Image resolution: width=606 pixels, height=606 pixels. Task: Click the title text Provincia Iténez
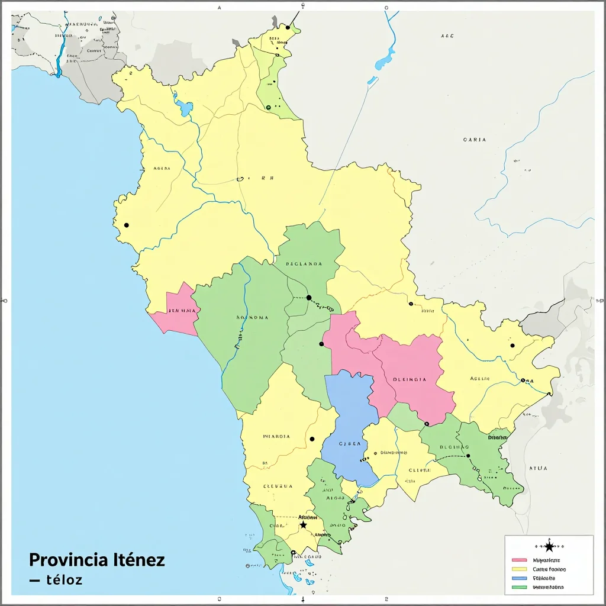click(96, 560)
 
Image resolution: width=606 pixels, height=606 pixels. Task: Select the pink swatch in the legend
click(519, 560)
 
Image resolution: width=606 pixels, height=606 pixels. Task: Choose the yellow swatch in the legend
click(519, 569)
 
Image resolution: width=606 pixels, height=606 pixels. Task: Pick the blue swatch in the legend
click(519, 578)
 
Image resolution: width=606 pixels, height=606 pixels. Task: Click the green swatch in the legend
click(519, 588)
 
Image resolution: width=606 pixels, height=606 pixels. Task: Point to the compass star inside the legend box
click(549, 546)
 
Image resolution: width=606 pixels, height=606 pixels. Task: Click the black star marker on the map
click(304, 525)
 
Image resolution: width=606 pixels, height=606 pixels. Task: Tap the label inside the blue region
click(349, 443)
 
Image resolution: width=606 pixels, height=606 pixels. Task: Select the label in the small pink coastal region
click(182, 311)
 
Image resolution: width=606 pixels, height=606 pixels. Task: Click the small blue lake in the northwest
click(185, 108)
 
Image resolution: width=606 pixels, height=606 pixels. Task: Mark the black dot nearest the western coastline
click(126, 225)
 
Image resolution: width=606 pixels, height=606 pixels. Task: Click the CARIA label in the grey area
click(475, 140)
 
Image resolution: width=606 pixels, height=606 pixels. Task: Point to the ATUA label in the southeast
click(538, 468)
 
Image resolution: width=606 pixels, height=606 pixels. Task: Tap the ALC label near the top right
click(447, 36)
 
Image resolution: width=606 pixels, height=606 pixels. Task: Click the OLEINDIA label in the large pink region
click(410, 381)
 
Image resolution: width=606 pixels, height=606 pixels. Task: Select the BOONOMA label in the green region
click(252, 318)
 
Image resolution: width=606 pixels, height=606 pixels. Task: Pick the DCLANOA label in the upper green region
click(304, 264)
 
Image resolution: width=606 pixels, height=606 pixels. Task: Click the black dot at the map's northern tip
click(288, 27)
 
